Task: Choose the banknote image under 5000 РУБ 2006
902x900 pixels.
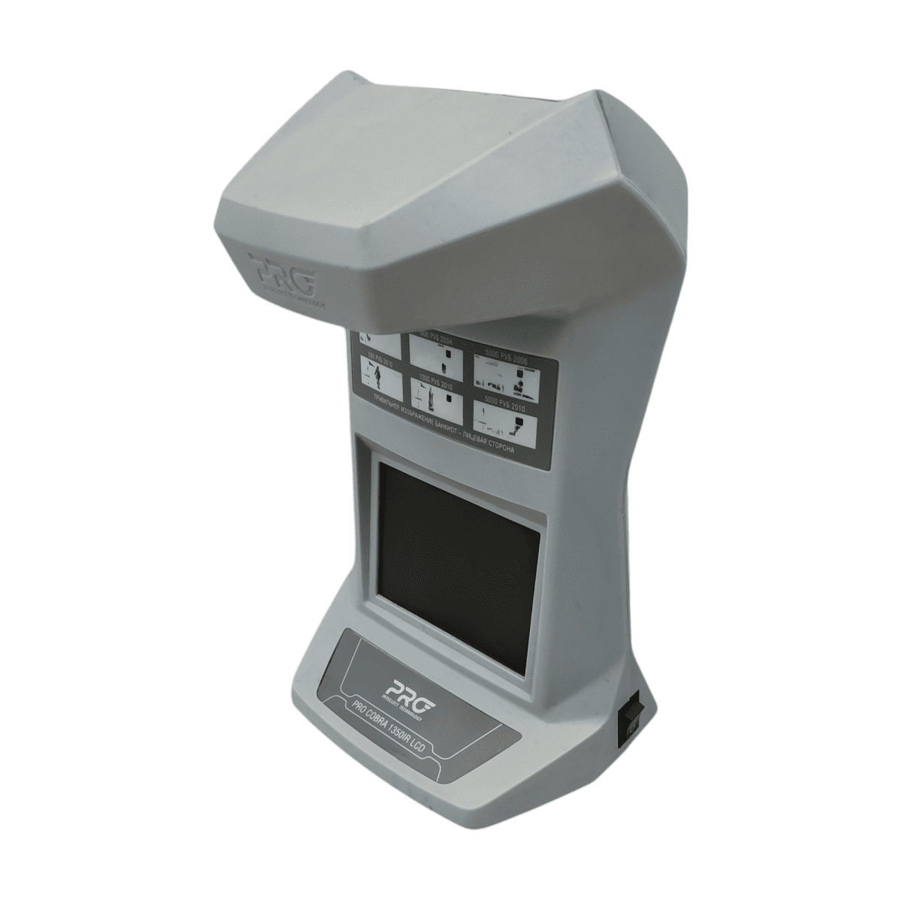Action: coord(508,379)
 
